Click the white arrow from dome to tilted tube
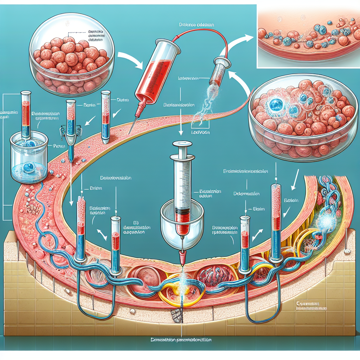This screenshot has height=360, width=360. (130, 58)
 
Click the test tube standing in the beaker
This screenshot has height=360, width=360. (26, 116)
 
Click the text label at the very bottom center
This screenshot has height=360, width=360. (180, 340)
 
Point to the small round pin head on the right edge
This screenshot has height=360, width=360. (348, 251)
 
